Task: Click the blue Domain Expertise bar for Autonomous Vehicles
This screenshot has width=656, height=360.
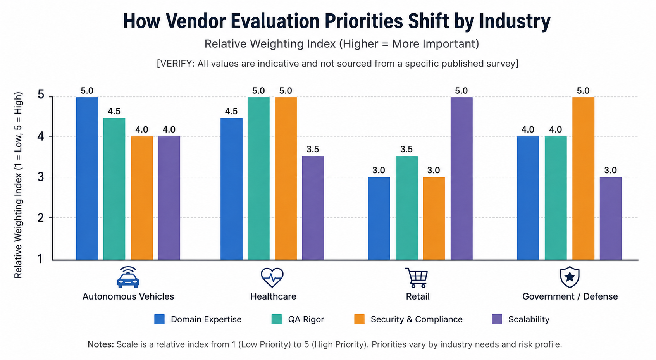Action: tap(87, 178)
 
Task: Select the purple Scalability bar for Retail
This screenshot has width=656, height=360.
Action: tap(461, 178)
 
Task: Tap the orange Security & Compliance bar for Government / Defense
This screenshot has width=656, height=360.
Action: tap(583, 178)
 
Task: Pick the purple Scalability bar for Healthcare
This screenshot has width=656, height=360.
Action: tap(313, 208)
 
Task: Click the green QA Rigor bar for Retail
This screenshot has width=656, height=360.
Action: tap(406, 208)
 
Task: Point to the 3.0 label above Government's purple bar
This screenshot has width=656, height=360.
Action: tap(610, 170)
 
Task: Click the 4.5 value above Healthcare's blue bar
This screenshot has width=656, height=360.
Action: tap(231, 111)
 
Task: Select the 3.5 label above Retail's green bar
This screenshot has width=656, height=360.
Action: tap(406, 150)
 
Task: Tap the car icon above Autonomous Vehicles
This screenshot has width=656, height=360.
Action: tap(128, 277)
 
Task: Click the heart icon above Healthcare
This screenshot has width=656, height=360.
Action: tap(272, 277)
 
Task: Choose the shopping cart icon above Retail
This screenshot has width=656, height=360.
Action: tap(417, 277)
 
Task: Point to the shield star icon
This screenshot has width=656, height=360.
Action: tap(570, 277)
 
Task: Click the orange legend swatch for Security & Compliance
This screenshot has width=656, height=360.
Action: tap(359, 319)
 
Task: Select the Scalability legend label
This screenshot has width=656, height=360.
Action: tap(529, 319)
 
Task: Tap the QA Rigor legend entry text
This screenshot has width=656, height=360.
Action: tap(306, 319)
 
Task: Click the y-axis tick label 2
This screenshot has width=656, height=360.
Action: tap(40, 218)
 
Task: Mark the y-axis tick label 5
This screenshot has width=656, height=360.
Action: tap(41, 95)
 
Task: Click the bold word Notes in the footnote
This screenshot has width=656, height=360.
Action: tap(100, 344)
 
